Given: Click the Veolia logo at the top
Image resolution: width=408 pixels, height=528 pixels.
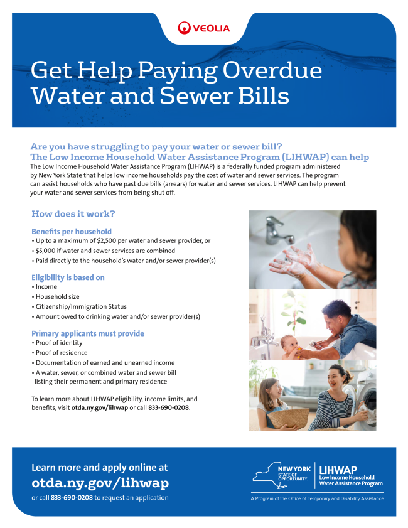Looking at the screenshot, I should [x=204, y=28].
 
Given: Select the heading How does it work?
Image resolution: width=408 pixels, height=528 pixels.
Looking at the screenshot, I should [x=73, y=214].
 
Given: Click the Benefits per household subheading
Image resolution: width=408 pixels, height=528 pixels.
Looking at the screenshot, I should [x=72, y=232].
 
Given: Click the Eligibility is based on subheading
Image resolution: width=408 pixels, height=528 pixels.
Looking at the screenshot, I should [x=68, y=277].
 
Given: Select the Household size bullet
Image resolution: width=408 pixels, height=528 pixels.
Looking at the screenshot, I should [x=57, y=296].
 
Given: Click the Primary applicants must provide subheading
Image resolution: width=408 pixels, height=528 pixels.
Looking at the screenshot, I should [x=88, y=333].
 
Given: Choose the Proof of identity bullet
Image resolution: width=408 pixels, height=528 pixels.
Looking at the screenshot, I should [x=59, y=343].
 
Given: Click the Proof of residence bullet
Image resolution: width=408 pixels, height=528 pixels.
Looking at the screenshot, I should [x=62, y=353].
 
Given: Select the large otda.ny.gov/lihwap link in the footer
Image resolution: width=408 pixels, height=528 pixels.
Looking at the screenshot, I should [x=100, y=483].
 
